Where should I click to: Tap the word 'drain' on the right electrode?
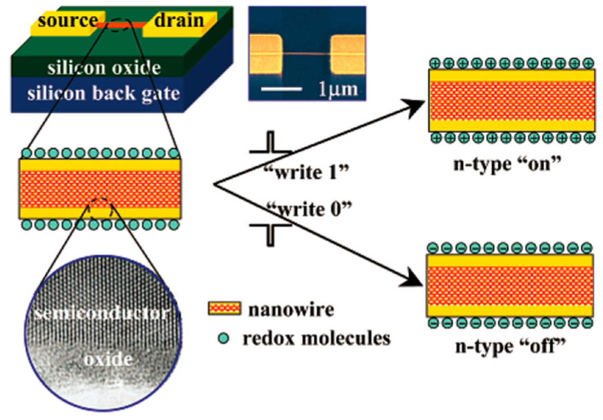click(178, 20)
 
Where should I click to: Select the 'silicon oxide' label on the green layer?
click(104, 68)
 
